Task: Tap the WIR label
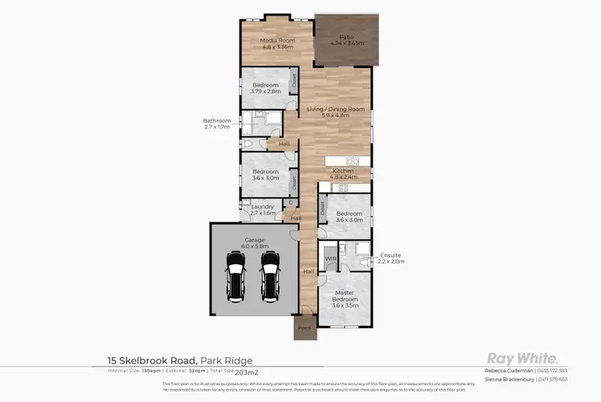330,258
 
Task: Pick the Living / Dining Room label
336,111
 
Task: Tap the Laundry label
263,210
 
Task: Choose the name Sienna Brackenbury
513,379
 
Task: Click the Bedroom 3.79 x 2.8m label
265,88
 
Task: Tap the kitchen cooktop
342,188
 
